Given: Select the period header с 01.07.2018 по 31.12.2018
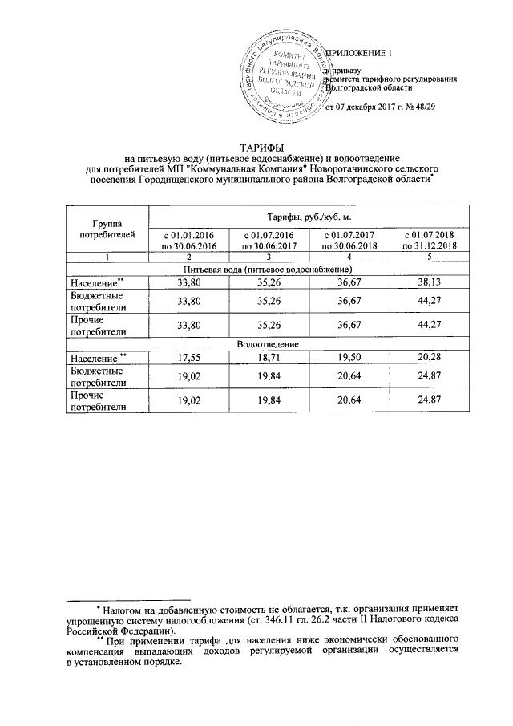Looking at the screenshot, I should click(428, 240).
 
